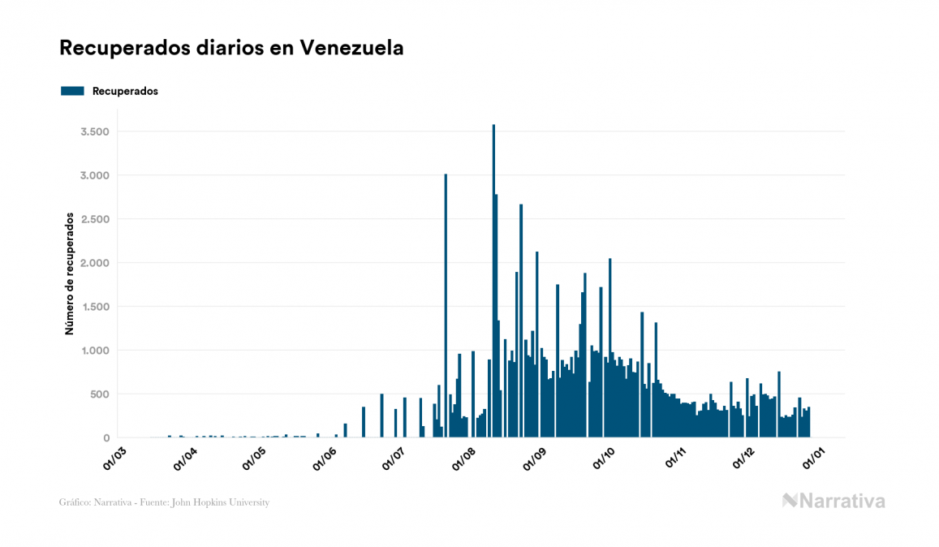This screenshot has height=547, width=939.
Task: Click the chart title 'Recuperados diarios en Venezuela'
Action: [x=231, y=48]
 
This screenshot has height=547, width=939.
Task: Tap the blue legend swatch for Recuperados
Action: [x=72, y=91]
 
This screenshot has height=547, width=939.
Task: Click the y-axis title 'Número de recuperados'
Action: [x=70, y=274]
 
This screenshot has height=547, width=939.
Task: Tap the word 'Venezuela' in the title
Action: [x=351, y=48]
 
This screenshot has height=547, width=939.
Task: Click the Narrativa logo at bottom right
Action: [x=833, y=501]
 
